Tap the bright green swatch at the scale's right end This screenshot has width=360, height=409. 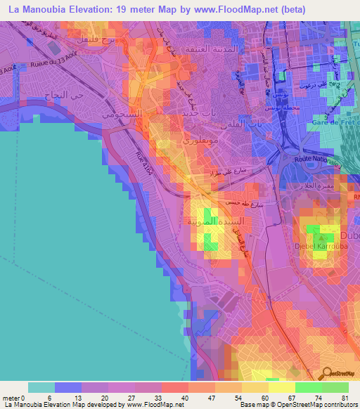335,387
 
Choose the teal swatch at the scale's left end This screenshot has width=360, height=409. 41,387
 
